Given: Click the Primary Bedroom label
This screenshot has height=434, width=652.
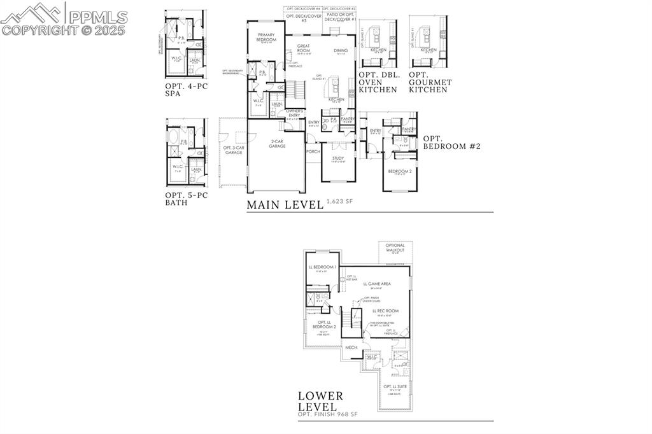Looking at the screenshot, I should tap(266, 37).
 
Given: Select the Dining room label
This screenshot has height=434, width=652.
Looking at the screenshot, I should tap(341, 50).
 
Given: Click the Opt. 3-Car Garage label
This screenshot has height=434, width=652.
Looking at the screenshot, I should tap(233, 150).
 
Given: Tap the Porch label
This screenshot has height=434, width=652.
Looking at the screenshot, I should tap(313, 151).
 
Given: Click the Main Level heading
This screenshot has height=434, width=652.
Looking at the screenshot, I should tap(285, 205).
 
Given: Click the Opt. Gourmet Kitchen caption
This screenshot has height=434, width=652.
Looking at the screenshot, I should tap(430, 82).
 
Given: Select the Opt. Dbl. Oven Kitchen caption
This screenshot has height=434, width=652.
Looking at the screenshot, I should tap(379, 82).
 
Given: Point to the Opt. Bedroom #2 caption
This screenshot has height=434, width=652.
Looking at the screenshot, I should tap(451, 142).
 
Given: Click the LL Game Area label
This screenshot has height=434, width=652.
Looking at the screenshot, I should tap(377, 284).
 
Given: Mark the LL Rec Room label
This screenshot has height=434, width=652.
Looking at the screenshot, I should tap(385, 311).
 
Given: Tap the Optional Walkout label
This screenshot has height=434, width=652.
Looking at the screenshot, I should tap(396, 248).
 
